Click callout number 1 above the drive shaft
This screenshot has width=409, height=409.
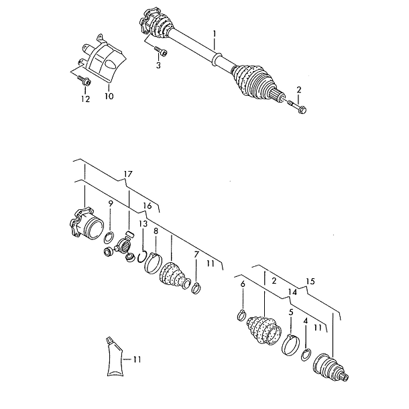coord(215,34)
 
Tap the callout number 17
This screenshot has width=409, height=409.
coord(128,174)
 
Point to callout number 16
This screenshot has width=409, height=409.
coord(148,206)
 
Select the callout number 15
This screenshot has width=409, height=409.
coord(310,281)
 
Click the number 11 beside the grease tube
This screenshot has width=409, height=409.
coord(137,359)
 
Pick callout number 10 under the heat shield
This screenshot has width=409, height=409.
coord(109,97)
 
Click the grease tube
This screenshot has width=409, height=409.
coord(114,357)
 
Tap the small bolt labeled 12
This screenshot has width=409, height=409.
coord(83,80)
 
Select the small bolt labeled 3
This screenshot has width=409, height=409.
coord(160,51)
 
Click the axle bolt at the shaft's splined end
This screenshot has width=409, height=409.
coord(297,107)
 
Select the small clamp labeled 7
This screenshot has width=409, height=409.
coord(196,288)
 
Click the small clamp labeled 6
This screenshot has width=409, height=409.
coord(241,314)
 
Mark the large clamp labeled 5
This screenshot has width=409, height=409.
coord(290,345)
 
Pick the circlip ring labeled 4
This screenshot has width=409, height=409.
coord(306,355)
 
